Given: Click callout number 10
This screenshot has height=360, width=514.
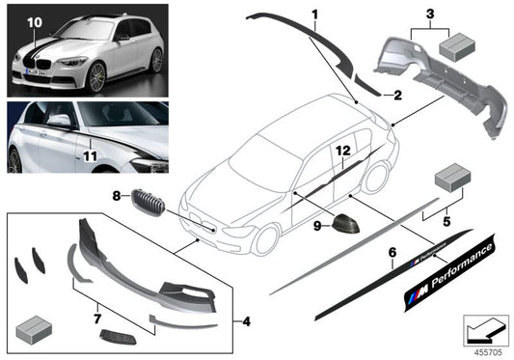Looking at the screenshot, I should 35,20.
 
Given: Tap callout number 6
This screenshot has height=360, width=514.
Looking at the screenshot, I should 392,253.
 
